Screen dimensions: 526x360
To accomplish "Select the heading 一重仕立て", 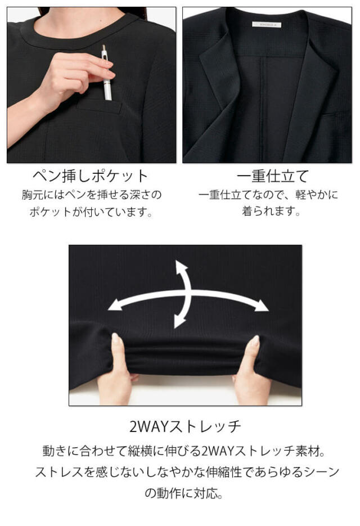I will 269,176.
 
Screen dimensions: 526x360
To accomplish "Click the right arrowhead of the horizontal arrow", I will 262,307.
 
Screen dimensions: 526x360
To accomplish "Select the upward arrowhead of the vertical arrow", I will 181,267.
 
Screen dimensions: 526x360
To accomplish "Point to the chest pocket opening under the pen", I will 100,104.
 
